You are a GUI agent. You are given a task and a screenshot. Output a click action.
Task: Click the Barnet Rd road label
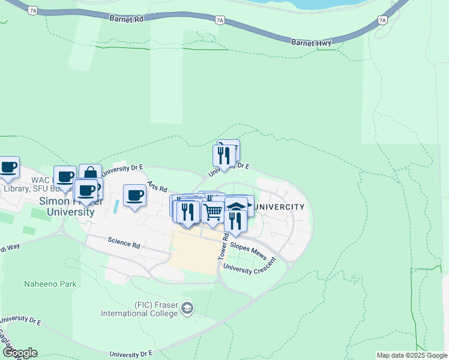pos(127,19)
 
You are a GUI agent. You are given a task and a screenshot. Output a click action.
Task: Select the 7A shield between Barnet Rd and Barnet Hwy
pos(220,20)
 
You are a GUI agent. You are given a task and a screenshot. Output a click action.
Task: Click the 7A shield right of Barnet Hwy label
pos(383,20)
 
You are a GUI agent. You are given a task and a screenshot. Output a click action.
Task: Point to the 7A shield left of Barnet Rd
pos(33,10)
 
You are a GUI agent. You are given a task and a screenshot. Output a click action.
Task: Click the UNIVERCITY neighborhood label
pos(279,207)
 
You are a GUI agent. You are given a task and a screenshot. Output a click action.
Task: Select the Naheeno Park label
pos(50,284)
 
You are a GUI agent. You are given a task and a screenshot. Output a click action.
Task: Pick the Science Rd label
pos(124,245)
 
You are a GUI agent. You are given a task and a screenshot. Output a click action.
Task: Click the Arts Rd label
pos(157,187)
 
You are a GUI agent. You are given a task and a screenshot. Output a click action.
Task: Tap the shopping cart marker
pos(212,211)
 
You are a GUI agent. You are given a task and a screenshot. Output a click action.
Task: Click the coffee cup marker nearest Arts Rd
pos(134,195)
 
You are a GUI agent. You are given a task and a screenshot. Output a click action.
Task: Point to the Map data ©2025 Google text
pos(412,355)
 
